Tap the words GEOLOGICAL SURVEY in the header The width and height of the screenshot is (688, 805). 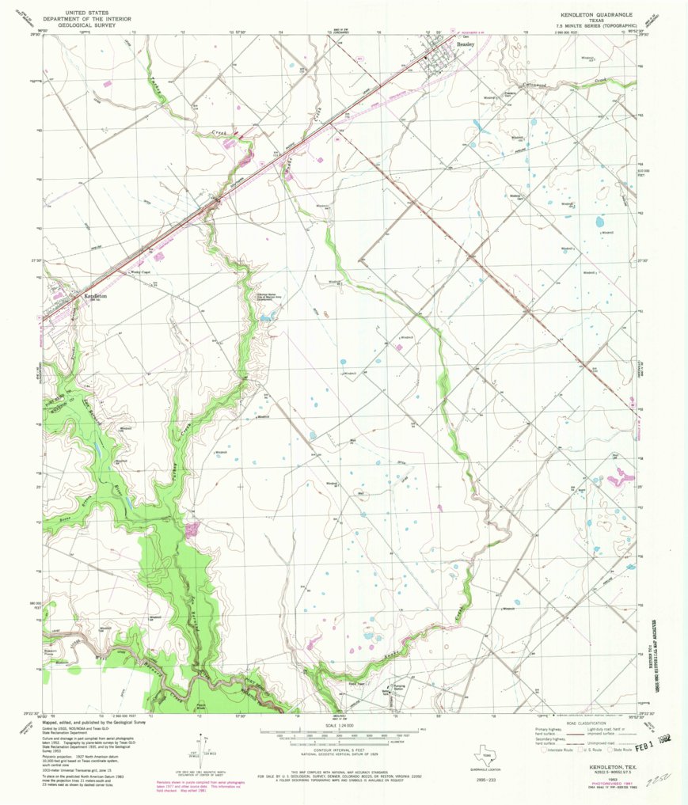point(79,25)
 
